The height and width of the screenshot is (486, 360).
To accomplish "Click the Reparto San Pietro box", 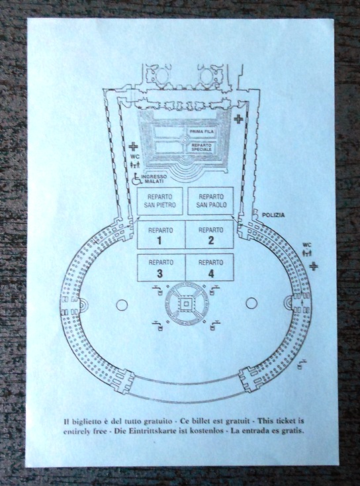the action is click(x=160, y=201).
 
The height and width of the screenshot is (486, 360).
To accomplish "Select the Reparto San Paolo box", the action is click(x=210, y=201).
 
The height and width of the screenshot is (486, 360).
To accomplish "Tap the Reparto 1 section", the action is click(x=161, y=234).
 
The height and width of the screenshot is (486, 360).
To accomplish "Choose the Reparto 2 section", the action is click(x=209, y=234).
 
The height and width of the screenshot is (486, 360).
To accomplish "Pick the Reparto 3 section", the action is click(x=161, y=267).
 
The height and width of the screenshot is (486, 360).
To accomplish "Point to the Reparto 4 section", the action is click(x=209, y=267).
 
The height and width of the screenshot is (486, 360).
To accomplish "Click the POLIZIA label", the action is click(x=273, y=215).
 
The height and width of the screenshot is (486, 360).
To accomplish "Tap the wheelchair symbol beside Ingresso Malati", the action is click(x=136, y=179).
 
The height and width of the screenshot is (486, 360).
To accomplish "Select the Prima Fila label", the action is click(x=202, y=132).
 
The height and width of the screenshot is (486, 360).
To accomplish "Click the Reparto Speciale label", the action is click(x=202, y=147).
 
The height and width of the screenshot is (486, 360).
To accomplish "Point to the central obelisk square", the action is click(x=186, y=304).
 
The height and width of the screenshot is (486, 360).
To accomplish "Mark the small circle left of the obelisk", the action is click(x=122, y=305).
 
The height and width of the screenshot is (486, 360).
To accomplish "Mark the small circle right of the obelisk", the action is click(x=251, y=303).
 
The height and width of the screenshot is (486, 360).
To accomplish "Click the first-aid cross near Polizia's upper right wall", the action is click(x=238, y=119).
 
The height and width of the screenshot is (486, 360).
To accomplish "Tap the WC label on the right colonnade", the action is click(x=306, y=245).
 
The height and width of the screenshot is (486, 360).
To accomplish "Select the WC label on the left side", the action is click(x=135, y=156).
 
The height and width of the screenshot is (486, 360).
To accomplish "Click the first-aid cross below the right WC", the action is click(x=314, y=266).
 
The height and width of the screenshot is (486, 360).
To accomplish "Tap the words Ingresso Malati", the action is click(x=154, y=179).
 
